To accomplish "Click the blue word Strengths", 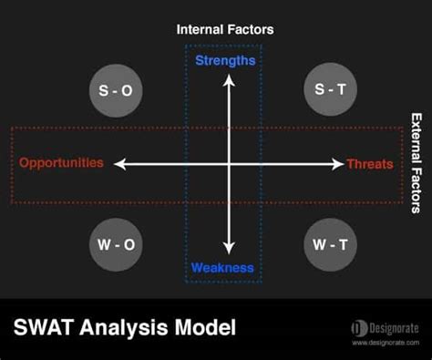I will tap(225, 61).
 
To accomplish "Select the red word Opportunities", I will tap(62, 164).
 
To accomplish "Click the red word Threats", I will tap(370, 164).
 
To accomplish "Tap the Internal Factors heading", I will tap(225, 29).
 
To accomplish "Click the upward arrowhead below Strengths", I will tap(229, 80).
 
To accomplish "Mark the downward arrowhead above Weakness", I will tap(229, 248).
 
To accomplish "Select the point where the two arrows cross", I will tap(229, 164).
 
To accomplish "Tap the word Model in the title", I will tap(207, 326).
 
